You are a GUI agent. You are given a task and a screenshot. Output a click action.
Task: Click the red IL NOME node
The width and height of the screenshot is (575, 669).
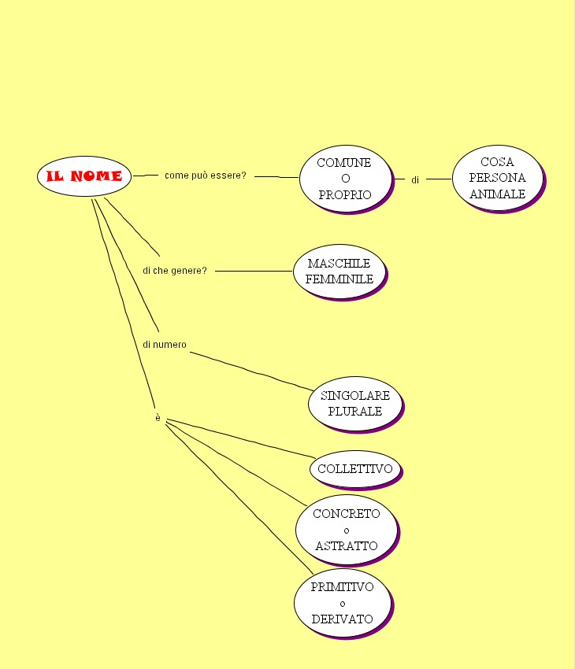84,176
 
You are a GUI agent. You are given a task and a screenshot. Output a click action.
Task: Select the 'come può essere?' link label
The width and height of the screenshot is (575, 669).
205,176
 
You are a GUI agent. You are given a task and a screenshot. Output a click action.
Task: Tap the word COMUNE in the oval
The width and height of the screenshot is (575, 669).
343,163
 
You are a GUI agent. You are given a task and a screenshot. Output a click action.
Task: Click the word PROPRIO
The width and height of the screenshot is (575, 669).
344,194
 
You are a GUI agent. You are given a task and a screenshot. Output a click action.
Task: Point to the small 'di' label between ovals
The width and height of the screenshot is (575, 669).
415,180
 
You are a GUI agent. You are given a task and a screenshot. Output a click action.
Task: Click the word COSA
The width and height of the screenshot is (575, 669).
497,162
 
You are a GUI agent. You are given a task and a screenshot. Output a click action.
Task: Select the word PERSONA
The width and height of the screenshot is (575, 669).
497,178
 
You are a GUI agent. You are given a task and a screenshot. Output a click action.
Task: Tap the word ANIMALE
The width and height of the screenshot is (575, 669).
497,194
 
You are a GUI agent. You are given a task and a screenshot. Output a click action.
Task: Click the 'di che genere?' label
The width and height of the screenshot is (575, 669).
175,271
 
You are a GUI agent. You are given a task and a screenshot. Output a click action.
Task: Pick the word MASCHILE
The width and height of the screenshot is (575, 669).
339,263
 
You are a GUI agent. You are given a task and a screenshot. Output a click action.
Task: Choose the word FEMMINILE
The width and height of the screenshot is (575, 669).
339,279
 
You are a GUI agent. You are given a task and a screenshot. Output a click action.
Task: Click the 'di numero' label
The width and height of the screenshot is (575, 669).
165,345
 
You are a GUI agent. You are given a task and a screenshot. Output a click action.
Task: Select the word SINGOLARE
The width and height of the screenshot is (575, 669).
355,395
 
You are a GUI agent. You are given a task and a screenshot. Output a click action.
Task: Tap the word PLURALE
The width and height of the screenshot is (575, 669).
354,411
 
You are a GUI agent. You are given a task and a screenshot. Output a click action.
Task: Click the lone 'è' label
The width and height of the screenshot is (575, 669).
158,417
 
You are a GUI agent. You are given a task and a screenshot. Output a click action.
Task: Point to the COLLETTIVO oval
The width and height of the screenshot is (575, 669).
354,469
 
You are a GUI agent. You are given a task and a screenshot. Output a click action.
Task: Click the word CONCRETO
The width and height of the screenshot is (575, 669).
346,514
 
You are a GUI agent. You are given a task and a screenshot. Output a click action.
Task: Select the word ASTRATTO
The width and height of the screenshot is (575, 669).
346,545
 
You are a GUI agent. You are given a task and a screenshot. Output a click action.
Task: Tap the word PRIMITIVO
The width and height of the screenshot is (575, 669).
342,587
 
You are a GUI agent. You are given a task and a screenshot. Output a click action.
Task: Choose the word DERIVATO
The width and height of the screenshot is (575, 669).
342,619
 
